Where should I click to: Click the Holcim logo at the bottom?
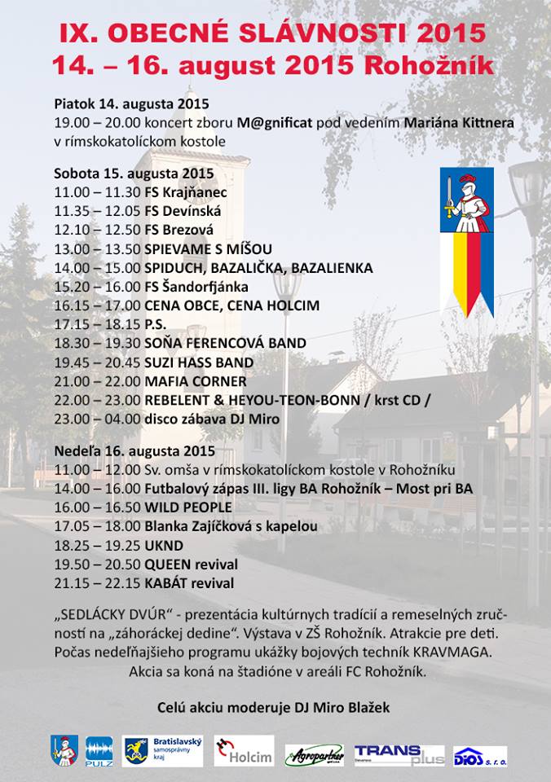coord(244,751)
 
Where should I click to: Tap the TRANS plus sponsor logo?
coord(399,753)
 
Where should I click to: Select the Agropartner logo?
coord(314,755)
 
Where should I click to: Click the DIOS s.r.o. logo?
coord(480,756)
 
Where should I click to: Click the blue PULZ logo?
coord(99,751)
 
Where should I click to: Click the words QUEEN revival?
coord(191,565)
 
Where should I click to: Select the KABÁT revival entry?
coord(189,583)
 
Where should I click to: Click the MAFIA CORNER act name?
coord(195,381)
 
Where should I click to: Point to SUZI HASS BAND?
coord(199,362)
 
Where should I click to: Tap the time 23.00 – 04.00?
coord(98,420)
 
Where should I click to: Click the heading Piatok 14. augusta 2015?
coord(131,104)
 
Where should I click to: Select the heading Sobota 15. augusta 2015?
coord(134,174)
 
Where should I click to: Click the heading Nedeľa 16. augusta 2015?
coord(134,450)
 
